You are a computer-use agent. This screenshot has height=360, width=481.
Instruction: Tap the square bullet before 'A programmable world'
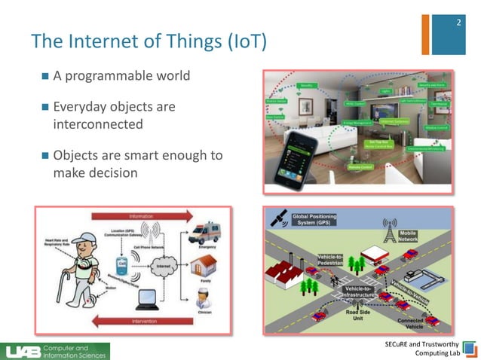[45, 77]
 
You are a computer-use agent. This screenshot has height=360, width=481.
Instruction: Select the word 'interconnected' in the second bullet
[97, 124]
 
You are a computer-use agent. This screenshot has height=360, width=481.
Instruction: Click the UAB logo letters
[22, 351]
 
